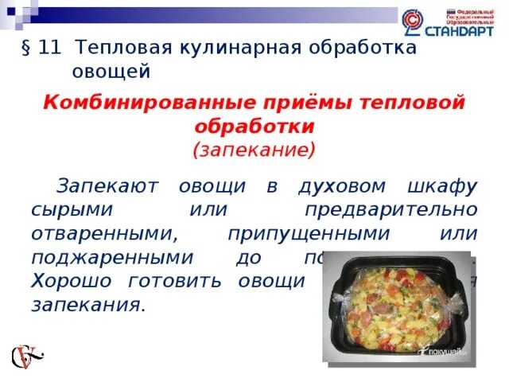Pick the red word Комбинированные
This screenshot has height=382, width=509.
click(138, 102)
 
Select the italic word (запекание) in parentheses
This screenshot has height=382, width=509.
click(254, 148)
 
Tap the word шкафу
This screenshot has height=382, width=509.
click(445, 187)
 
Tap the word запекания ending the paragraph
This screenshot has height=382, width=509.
click(87, 305)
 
